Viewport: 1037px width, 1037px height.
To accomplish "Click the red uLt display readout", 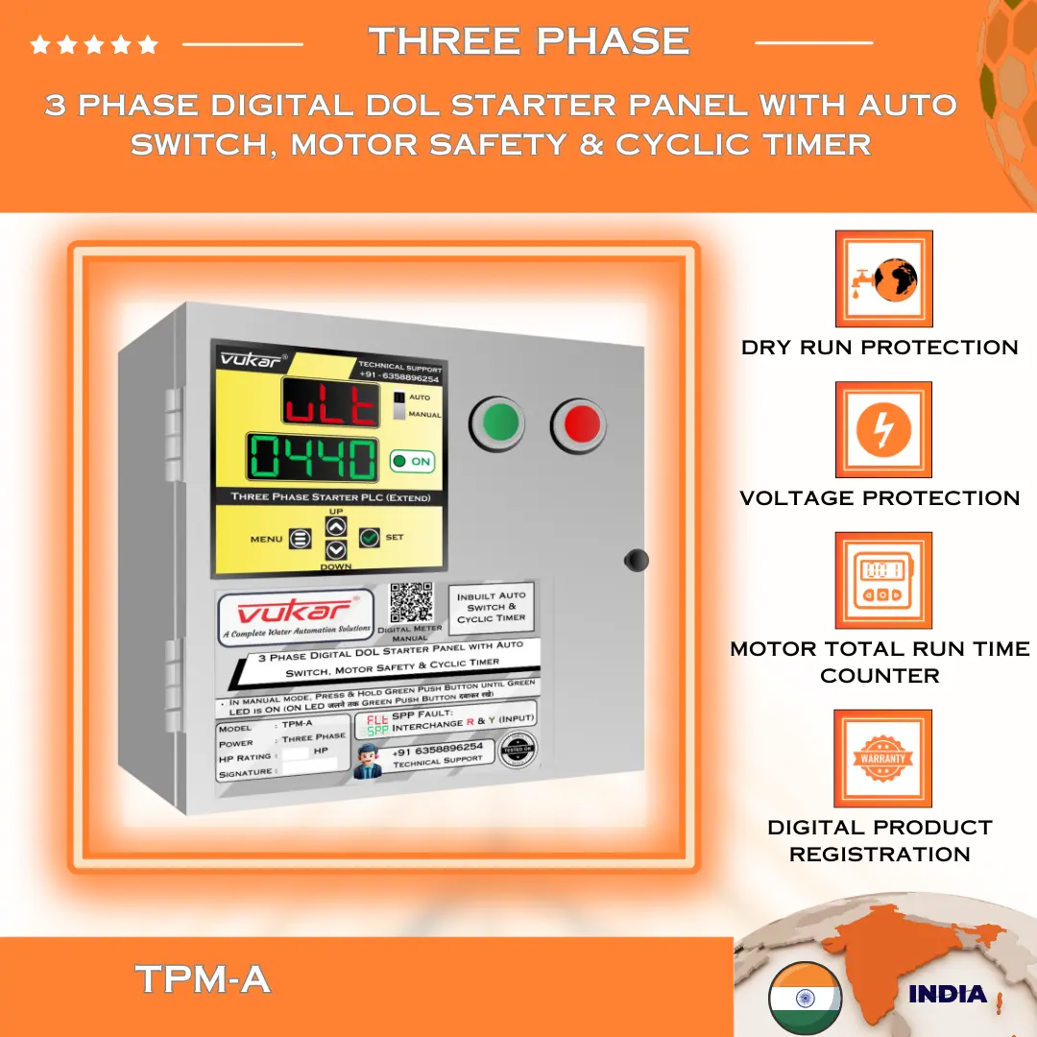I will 329,400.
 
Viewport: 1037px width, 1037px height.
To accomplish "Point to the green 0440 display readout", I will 313,457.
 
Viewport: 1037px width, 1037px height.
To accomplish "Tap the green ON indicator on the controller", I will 413,462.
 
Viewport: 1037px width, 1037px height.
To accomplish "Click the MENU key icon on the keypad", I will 301,540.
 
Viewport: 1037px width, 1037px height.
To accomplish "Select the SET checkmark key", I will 370,538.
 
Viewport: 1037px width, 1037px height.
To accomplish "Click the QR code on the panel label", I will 411,604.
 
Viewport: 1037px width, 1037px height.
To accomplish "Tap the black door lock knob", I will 636,560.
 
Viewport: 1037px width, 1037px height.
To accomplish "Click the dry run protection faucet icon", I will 883,278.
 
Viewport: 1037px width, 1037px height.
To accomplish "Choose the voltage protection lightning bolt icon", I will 883,429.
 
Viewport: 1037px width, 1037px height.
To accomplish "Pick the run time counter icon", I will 883,580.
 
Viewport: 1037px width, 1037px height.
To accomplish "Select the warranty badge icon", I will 883,758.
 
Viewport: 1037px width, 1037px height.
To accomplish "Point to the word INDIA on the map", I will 947,994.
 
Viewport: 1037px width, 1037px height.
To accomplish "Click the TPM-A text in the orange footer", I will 203,979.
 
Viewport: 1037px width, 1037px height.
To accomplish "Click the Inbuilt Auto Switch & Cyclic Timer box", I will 492,607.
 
